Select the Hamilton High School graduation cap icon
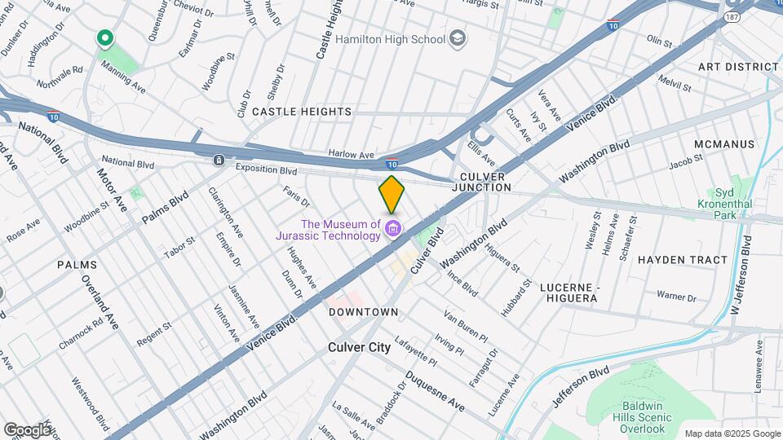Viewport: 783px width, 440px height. [458, 38]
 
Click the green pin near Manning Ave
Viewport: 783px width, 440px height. [104, 38]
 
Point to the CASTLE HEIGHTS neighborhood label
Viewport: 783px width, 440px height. [301, 111]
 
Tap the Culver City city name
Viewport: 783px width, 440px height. [359, 347]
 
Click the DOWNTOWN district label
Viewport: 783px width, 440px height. [363, 312]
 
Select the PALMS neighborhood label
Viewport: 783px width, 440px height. [77, 265]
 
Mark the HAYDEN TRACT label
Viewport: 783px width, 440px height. [682, 260]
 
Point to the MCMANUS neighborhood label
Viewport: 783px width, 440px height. [724, 144]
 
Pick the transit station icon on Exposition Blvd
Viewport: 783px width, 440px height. [219, 161]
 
